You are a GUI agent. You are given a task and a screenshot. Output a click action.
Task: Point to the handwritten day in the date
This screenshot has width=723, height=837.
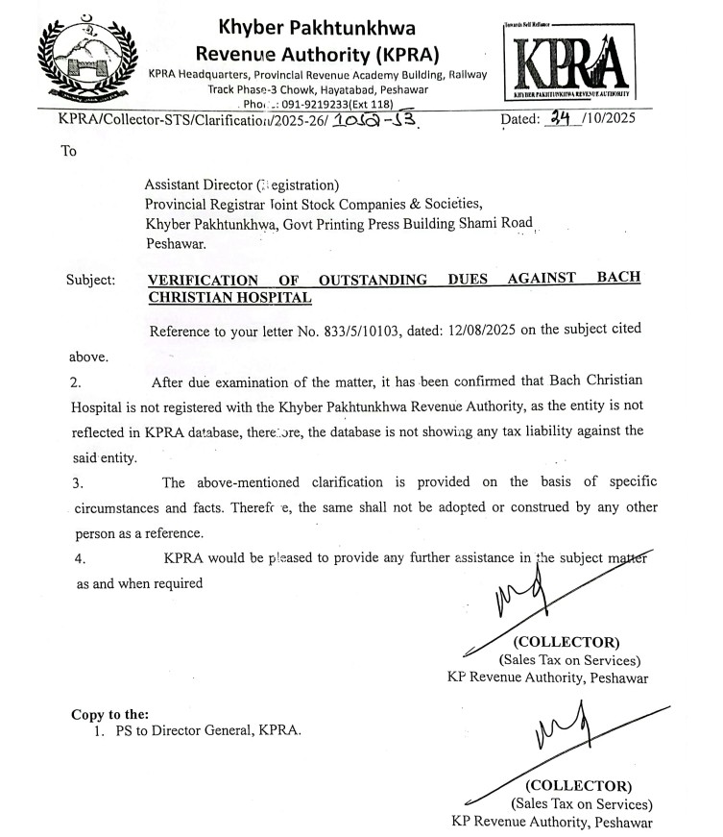point(557,119)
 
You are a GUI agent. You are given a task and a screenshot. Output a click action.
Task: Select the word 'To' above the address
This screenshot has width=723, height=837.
point(68,151)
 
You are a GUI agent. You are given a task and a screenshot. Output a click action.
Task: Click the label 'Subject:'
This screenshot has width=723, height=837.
point(90,280)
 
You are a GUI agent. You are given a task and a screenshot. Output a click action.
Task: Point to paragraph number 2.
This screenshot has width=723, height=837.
point(75,382)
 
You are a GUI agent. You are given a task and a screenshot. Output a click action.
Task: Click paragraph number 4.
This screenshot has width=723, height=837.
point(81,557)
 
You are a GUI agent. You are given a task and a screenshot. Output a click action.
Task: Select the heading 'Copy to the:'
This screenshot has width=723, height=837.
point(109,714)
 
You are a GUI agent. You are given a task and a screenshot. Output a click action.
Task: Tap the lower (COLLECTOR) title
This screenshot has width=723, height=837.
point(578,786)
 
